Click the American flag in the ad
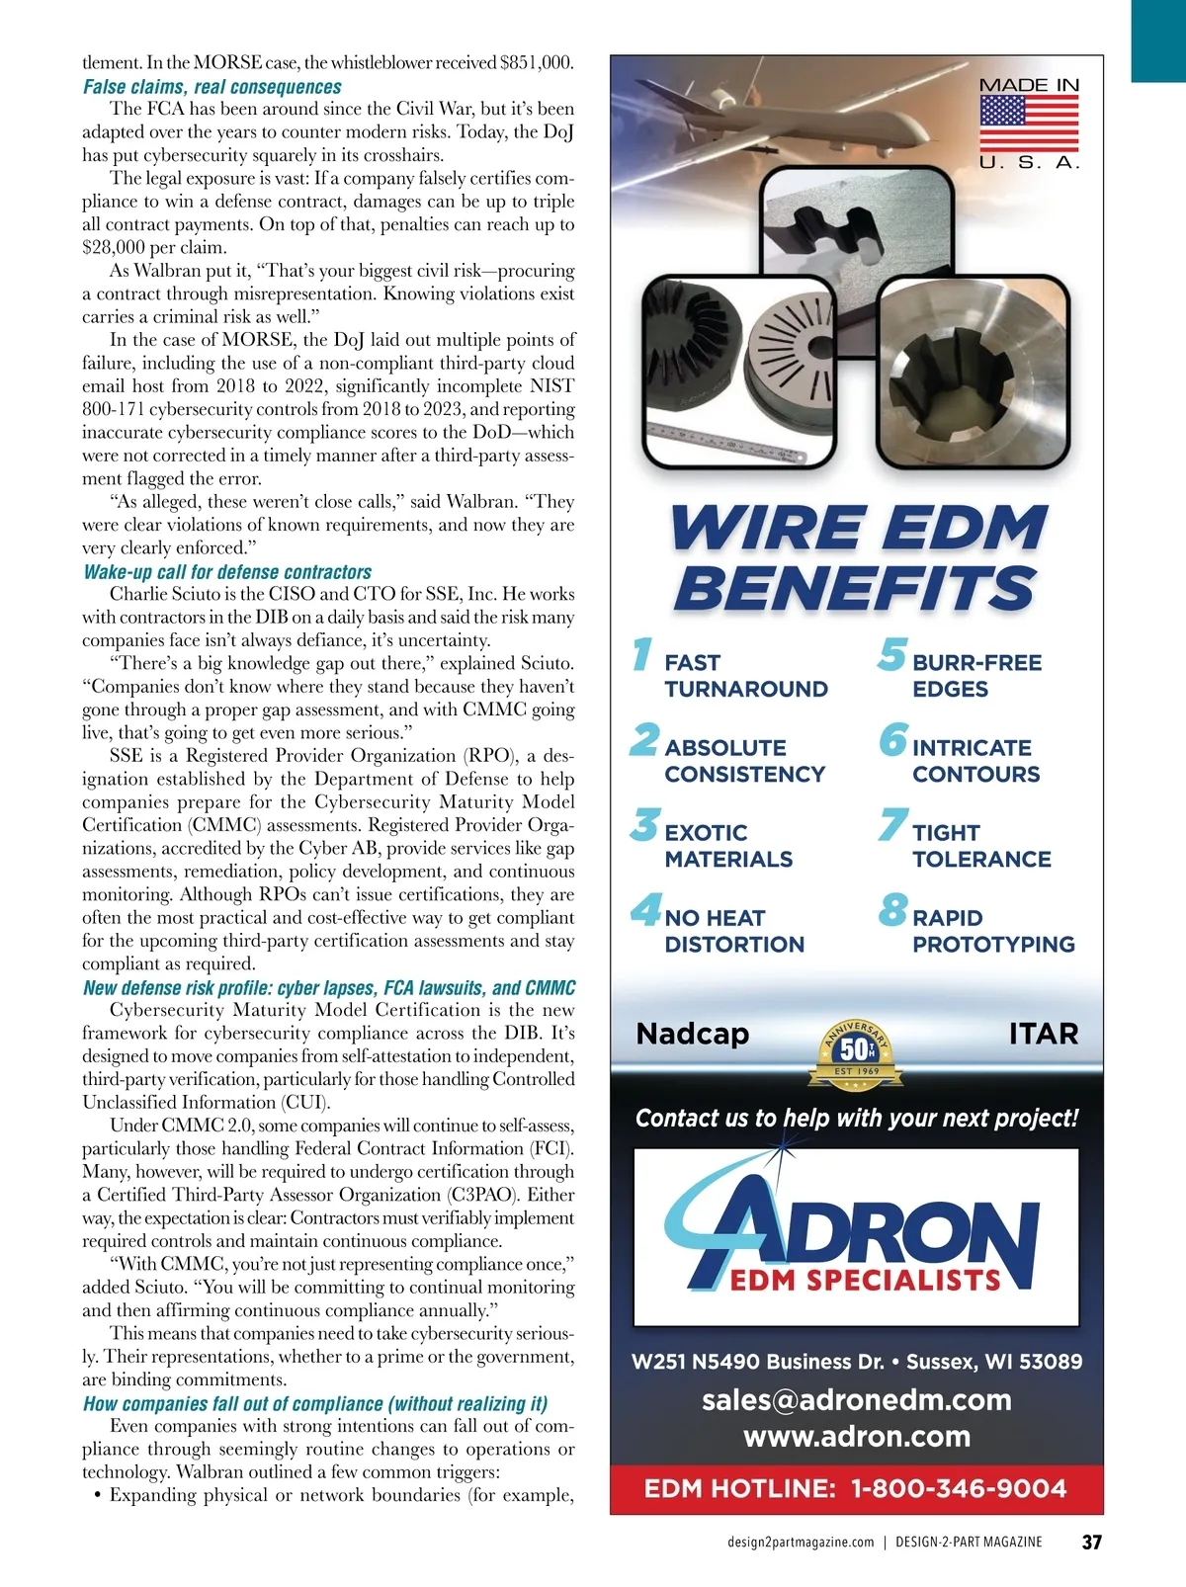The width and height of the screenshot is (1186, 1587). pyautogui.click(x=1029, y=124)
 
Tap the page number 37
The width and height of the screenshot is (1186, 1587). pyautogui.click(x=1091, y=1543)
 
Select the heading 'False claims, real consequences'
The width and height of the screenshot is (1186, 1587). pyautogui.click(x=212, y=87)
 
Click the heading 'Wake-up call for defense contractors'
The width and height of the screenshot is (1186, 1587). pyautogui.click(x=227, y=572)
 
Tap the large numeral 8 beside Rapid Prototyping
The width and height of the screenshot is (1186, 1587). pyautogui.click(x=891, y=910)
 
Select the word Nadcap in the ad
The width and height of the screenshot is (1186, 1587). pyautogui.click(x=693, y=1034)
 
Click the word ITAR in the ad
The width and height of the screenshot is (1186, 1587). pyautogui.click(x=1043, y=1034)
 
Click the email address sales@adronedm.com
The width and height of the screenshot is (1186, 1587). pyautogui.click(x=857, y=1400)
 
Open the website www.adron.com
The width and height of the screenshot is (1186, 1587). pyautogui.click(x=857, y=1437)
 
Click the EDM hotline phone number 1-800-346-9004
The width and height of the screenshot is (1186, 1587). pyautogui.click(x=959, y=1489)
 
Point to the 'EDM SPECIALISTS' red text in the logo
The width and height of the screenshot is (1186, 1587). pyautogui.click(x=866, y=1281)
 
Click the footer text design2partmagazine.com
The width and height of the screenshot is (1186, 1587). pyautogui.click(x=801, y=1543)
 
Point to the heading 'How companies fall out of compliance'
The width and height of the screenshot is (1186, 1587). pyautogui.click(x=315, y=1404)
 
